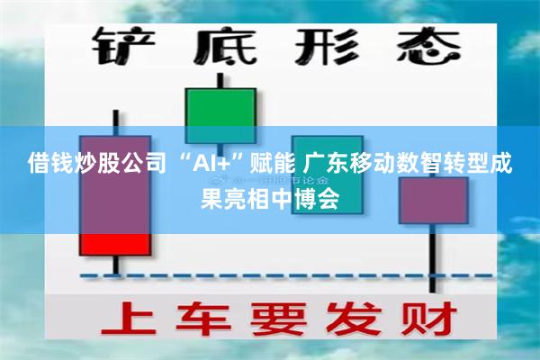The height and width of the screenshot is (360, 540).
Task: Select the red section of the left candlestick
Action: (114, 244)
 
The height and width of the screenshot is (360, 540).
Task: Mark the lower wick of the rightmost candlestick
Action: (434, 261)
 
